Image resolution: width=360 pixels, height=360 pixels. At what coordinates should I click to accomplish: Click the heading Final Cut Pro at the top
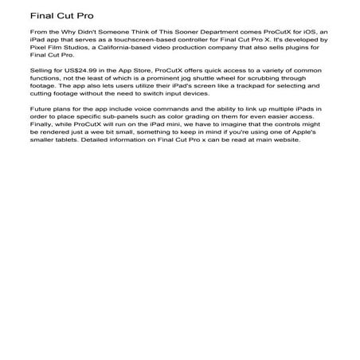pyautogui.click(x=57, y=15)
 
